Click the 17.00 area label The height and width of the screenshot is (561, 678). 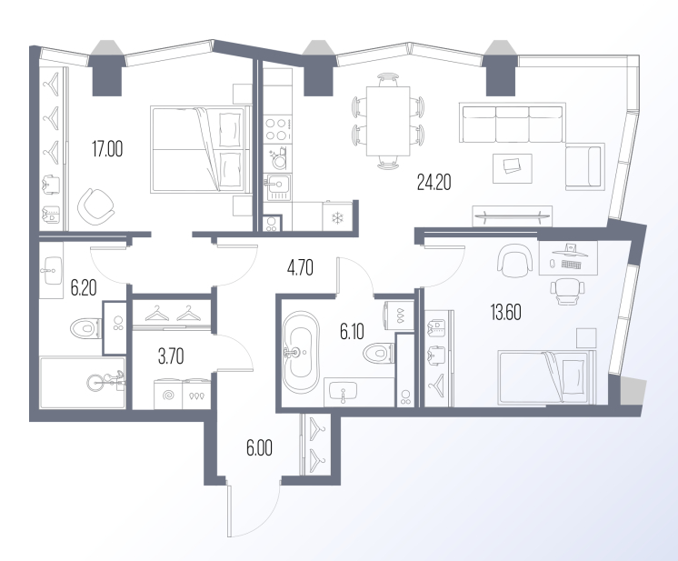tap(107, 149)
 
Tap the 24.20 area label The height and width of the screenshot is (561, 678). tap(434, 182)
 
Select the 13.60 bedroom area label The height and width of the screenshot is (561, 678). tap(505, 312)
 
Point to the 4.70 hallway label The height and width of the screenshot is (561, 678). tap(300, 267)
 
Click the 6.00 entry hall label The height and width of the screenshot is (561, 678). tap(259, 448)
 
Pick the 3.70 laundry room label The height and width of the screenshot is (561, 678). tap(171, 356)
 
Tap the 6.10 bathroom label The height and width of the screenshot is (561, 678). tap(352, 332)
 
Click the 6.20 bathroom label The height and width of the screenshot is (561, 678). tap(84, 287)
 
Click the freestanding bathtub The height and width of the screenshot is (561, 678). tap(301, 352)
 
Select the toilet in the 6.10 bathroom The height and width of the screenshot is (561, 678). tap(378, 354)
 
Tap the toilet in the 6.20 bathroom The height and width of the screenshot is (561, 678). tap(86, 329)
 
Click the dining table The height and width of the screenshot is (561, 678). tap(388, 121)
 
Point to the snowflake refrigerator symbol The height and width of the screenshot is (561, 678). tap(336, 218)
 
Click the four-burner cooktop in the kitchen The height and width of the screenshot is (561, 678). tap(277, 129)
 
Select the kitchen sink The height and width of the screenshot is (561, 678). tap(278, 187)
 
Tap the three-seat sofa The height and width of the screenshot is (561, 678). tap(513, 123)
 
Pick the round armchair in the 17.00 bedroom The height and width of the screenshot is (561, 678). tap(96, 206)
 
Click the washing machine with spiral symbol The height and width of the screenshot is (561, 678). tap(168, 394)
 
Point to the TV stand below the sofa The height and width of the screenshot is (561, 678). tap(513, 215)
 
